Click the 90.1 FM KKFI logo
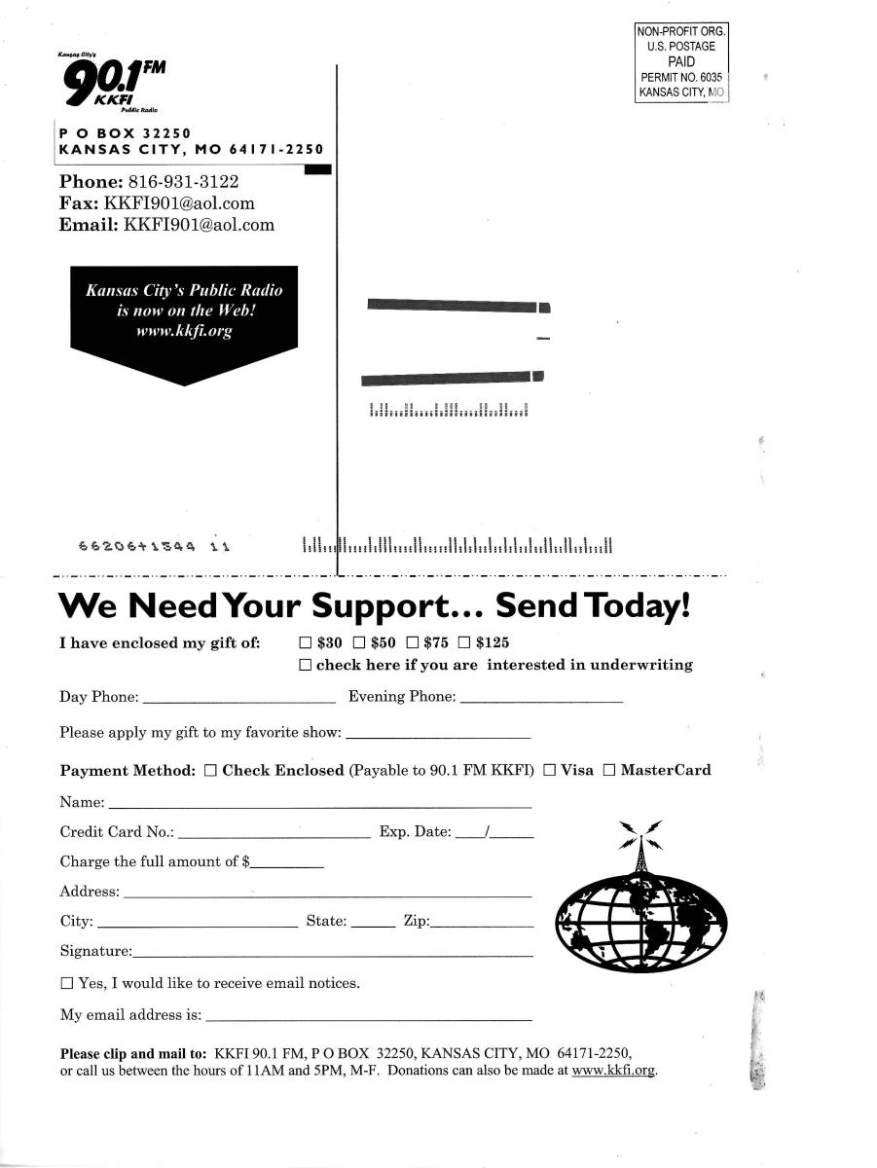pyautogui.click(x=112, y=85)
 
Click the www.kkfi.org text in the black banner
pyautogui.click(x=185, y=331)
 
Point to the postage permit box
pyautogui.click(x=681, y=63)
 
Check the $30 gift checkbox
pyautogui.click(x=305, y=643)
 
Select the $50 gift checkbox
pyautogui.click(x=358, y=643)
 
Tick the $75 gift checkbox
pyautogui.click(x=412, y=643)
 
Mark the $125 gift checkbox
pyautogui.click(x=464, y=643)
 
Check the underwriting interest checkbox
pyautogui.click(x=305, y=666)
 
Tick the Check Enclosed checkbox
pyautogui.click(x=210, y=771)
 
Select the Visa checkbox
pyautogui.click(x=549, y=771)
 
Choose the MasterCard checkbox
pyautogui.click(x=609, y=771)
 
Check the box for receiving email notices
pyautogui.click(x=66, y=984)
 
